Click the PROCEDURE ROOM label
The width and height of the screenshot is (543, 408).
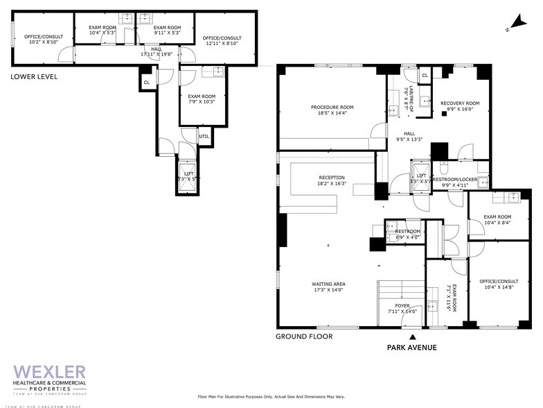[332, 107]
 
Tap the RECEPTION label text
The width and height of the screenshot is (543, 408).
[331, 178]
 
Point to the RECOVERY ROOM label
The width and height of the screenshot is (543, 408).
[460, 103]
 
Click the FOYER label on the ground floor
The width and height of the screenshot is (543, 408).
[402, 305]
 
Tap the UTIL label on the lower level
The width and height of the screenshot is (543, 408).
[204, 136]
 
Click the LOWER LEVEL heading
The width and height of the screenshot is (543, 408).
[34, 76]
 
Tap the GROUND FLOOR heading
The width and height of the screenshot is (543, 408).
[304, 337]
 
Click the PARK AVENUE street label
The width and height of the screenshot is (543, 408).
[411, 347]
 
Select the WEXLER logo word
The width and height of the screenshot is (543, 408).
[49, 372]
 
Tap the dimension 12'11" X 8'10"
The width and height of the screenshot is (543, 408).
[222, 44]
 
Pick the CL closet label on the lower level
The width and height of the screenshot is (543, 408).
[146, 83]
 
